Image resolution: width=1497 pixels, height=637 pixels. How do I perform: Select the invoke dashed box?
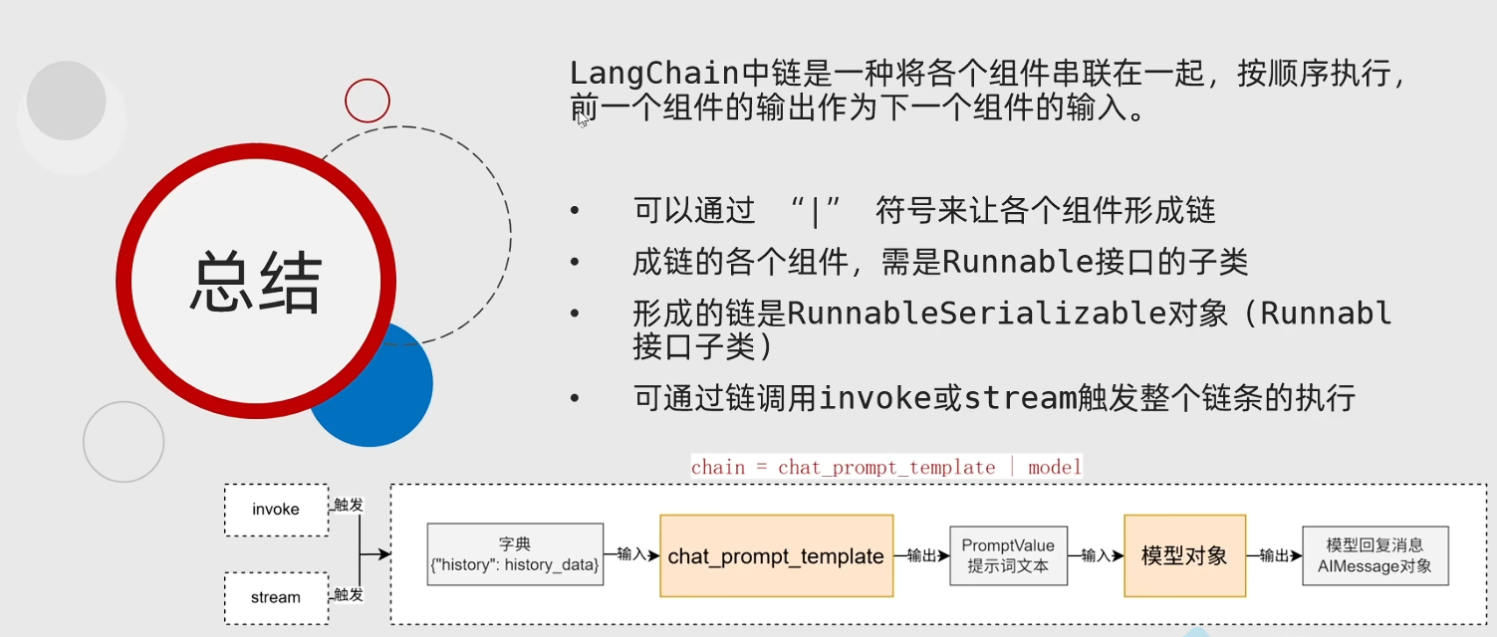[x=276, y=509]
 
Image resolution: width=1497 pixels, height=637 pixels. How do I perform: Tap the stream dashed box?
[x=276, y=597]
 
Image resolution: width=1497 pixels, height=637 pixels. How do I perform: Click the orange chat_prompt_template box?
[x=776, y=556]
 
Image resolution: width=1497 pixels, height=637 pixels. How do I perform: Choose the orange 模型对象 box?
[x=1184, y=556]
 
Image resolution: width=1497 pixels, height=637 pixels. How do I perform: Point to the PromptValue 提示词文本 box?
[x=1008, y=555]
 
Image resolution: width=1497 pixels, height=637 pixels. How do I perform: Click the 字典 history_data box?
[x=515, y=555]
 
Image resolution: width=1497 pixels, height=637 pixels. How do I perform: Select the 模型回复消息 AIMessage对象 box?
[x=1374, y=555]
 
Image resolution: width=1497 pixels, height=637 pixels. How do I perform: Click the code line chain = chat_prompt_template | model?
[x=886, y=467]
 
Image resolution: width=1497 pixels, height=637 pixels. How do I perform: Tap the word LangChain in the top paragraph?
[x=653, y=74]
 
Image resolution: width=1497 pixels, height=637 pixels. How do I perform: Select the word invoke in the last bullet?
[x=875, y=398]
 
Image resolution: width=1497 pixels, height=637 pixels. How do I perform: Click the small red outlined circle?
[x=368, y=101]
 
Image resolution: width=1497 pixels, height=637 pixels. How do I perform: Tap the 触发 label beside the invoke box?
[x=348, y=506]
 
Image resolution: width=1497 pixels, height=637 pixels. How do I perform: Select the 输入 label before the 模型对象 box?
[x=1096, y=555]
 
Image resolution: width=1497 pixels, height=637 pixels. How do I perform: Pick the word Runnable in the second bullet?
[x=1005, y=262]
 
